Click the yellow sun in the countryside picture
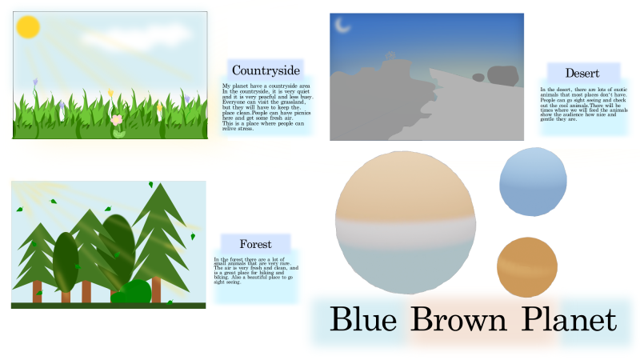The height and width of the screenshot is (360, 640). tap(28, 27)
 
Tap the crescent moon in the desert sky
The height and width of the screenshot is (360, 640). tap(343, 26)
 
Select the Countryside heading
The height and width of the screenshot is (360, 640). tap(266, 70)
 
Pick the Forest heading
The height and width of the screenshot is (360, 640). tap(255, 244)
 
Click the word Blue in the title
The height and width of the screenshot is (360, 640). tap(363, 320)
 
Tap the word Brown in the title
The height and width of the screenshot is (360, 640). tap(459, 320)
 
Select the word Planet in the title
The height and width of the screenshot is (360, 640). tap(570, 320)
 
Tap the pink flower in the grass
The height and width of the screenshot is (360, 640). tap(117, 121)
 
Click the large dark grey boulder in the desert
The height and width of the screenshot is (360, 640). tap(503, 75)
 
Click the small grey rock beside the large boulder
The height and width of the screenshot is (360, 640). tap(478, 78)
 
